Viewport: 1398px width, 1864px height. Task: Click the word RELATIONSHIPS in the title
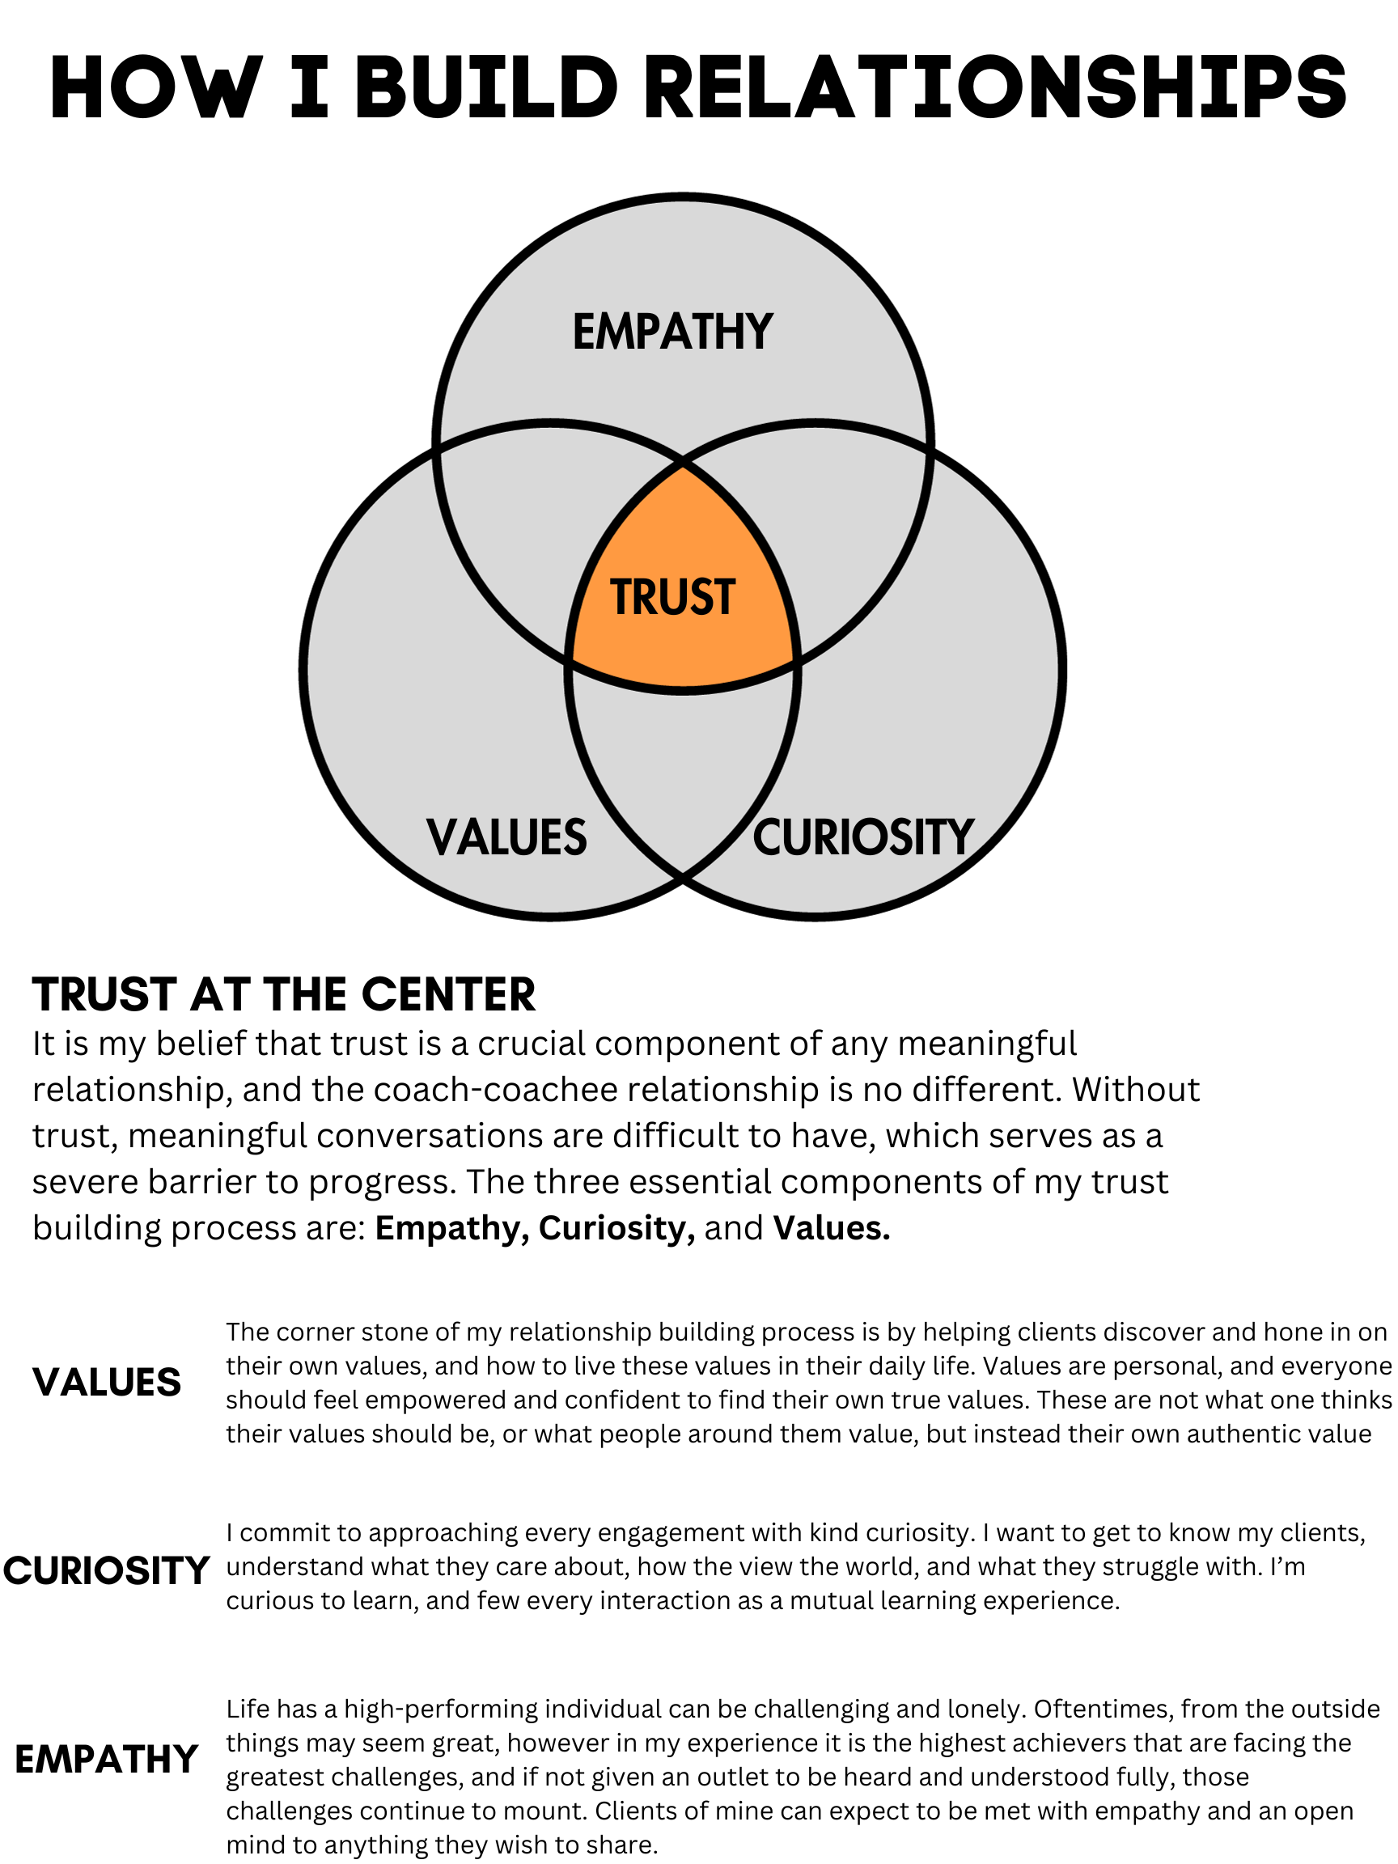point(1000,87)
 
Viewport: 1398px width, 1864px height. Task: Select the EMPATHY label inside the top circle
point(672,331)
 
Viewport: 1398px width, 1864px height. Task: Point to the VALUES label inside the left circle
point(506,837)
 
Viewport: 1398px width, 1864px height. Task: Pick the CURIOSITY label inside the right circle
point(863,837)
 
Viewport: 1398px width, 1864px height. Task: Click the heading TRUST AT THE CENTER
point(284,994)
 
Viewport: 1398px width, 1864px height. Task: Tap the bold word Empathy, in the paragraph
point(451,1229)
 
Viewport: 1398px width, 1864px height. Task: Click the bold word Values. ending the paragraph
point(832,1229)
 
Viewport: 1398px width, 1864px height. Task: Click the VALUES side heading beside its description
point(107,1383)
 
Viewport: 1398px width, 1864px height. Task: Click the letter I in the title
point(309,87)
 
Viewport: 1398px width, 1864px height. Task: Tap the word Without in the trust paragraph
point(1136,1091)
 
